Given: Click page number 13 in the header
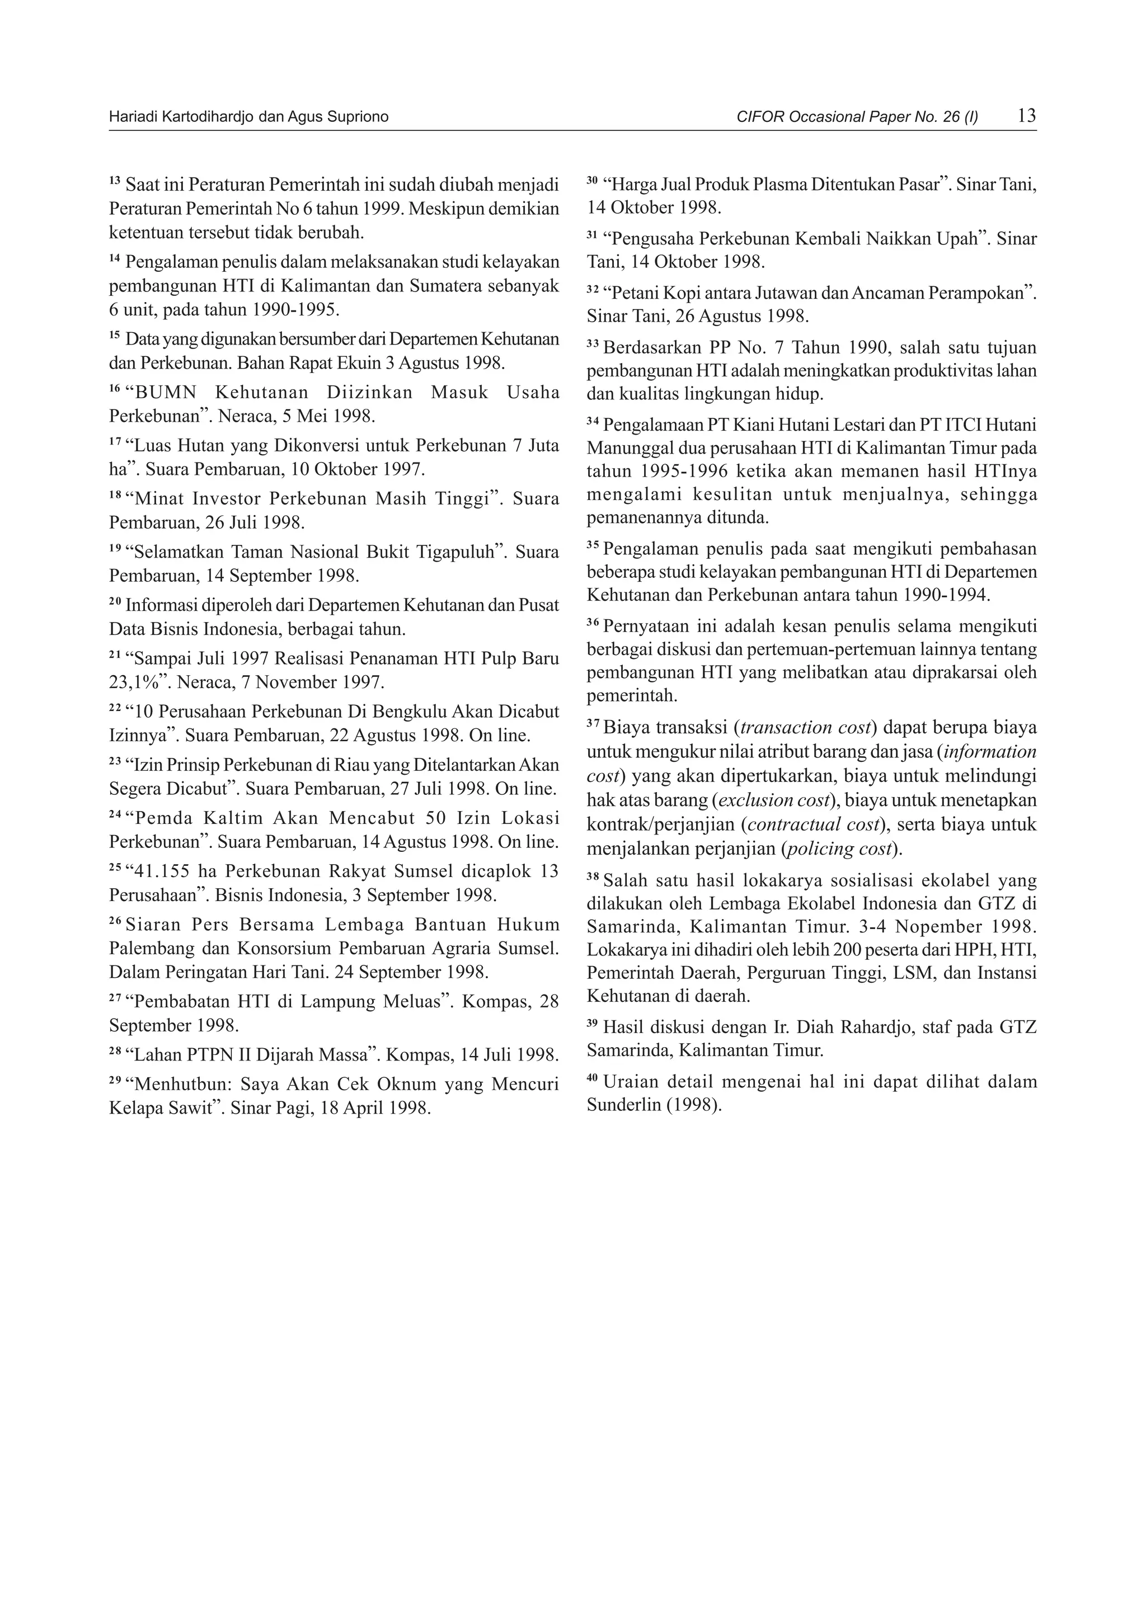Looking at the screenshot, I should (x=1027, y=116).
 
